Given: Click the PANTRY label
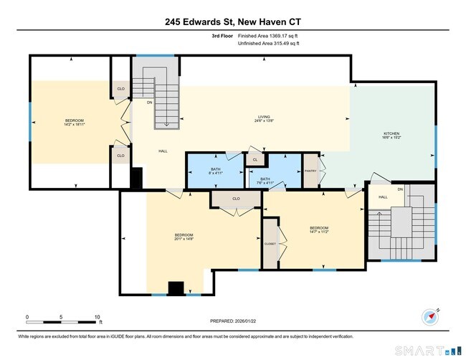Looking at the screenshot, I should click(310, 171).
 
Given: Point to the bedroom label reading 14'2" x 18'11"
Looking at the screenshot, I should click(75, 122).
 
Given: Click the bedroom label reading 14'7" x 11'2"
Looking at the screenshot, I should click(318, 229).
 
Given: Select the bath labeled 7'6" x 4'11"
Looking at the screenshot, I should click(265, 181).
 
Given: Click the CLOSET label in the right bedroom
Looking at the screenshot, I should click(269, 244).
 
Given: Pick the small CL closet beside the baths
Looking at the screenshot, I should click(255, 160).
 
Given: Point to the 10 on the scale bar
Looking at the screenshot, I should click(97, 316).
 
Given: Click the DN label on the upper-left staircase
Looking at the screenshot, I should click(149, 102).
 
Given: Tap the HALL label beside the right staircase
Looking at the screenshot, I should click(383, 197).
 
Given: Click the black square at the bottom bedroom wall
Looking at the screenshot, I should click(176, 288).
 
